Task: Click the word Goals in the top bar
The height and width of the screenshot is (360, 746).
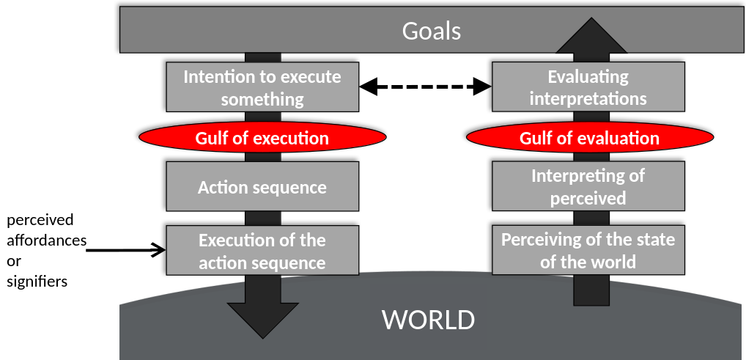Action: (x=431, y=32)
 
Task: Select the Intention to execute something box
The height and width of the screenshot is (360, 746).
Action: (x=262, y=87)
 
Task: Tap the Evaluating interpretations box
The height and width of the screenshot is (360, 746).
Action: (x=588, y=87)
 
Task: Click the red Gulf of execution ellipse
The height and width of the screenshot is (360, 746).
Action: (x=262, y=138)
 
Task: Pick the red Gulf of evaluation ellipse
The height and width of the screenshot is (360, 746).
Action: (x=589, y=138)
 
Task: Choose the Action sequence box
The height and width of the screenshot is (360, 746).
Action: (x=262, y=187)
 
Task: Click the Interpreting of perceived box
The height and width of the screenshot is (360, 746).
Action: (x=588, y=187)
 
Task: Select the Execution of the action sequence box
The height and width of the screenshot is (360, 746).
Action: (x=262, y=251)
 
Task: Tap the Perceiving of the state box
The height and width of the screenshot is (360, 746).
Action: (x=588, y=251)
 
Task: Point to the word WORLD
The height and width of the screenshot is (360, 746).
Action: (x=428, y=320)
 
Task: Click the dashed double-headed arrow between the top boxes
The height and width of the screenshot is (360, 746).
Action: (x=424, y=87)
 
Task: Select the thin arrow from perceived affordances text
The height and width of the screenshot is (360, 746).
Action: (x=125, y=251)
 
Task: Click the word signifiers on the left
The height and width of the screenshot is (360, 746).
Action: (x=37, y=280)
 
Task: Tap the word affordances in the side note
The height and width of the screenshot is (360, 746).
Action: (x=46, y=240)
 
